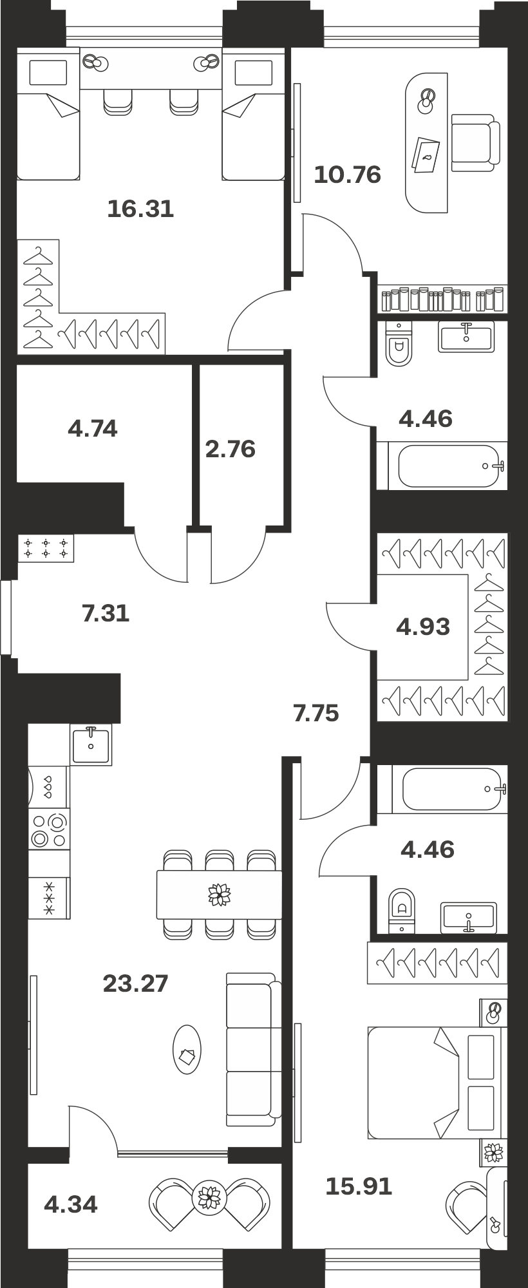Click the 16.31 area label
click(140, 209)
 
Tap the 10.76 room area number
click(348, 175)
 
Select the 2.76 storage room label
click(231, 449)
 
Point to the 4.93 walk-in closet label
click(423, 626)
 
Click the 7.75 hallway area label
click(316, 714)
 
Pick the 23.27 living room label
click(136, 983)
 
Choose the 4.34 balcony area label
click(71, 1204)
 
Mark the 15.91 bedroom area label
click(359, 1186)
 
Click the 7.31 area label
click(106, 613)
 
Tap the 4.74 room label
click(93, 428)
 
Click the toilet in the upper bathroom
click(399, 344)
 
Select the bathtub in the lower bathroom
click(453, 788)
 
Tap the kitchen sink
click(91, 744)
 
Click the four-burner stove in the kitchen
click(49, 830)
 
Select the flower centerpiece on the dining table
click(219, 895)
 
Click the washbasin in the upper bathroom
click(466, 336)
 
